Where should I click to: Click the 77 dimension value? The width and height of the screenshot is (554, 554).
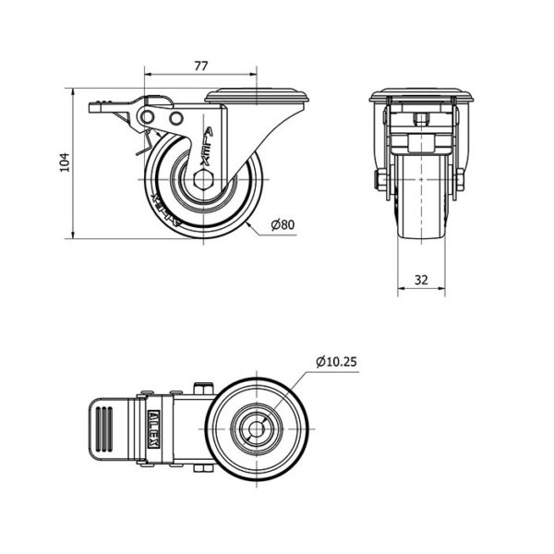point(200,65)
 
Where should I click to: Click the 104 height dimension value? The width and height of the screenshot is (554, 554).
point(64,163)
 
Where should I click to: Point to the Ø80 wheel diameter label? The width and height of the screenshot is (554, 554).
point(282,224)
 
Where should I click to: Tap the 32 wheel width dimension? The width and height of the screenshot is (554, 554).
point(421,278)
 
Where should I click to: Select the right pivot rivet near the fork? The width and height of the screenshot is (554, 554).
point(175,119)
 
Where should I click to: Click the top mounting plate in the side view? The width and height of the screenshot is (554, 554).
point(256,96)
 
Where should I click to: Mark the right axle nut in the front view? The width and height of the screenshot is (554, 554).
point(459,179)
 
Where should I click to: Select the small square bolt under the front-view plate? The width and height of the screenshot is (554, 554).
point(421,118)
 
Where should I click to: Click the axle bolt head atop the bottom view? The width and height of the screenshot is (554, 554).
point(203,387)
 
